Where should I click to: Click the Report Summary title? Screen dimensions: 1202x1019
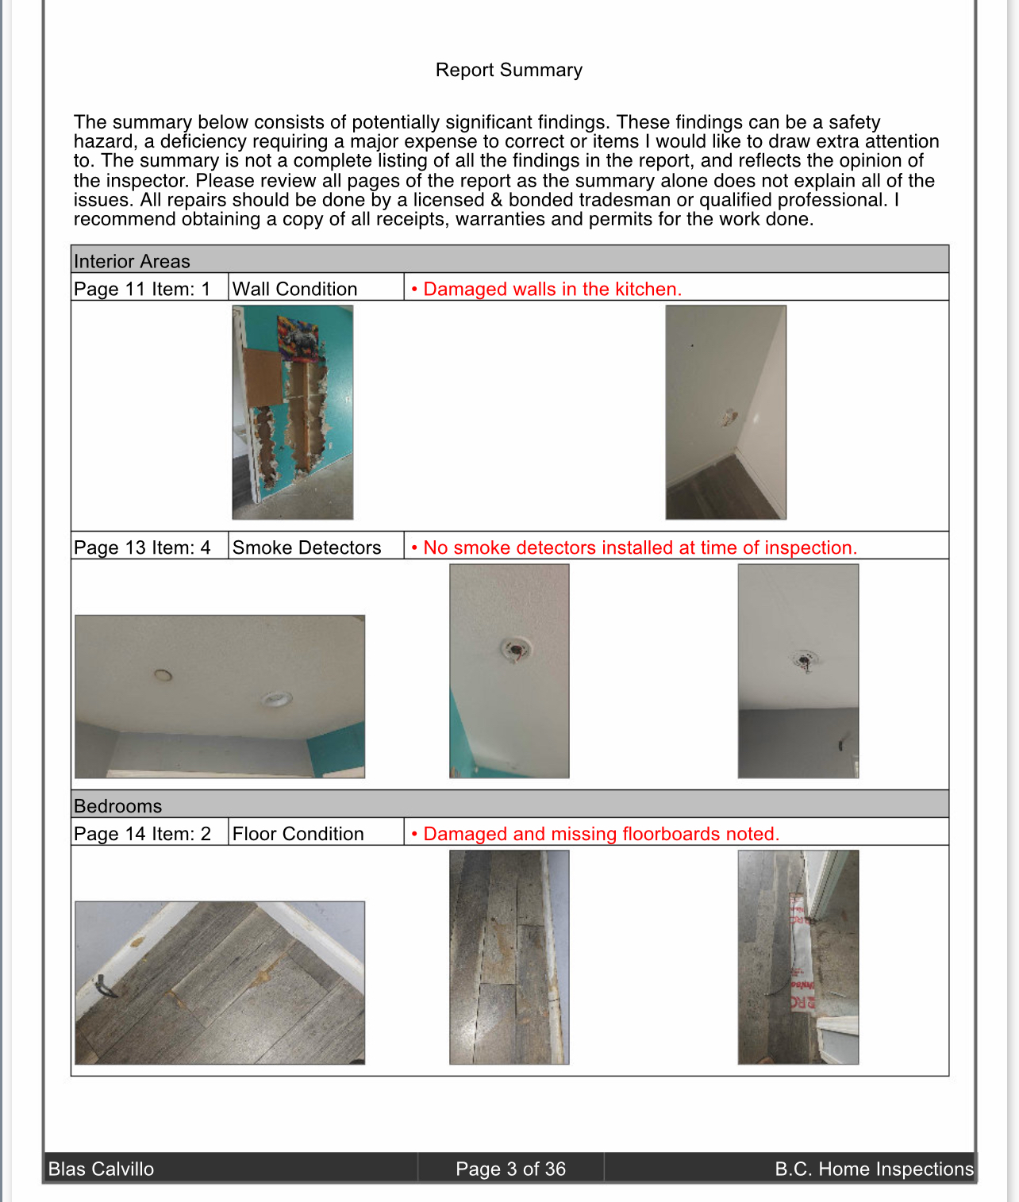(x=509, y=70)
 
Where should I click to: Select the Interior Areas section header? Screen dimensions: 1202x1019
(x=132, y=261)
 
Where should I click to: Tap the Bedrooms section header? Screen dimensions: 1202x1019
(x=117, y=805)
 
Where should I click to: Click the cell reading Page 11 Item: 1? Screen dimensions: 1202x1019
(x=142, y=289)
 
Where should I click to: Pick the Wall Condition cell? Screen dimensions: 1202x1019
(x=294, y=289)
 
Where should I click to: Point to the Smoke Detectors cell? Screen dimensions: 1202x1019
(x=306, y=547)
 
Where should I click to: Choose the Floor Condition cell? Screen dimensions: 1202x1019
(x=298, y=834)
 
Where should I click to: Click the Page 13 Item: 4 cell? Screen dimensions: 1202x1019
(x=142, y=547)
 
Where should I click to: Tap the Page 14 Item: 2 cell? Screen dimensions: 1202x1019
(x=142, y=834)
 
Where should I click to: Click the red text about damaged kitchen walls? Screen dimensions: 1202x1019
(x=552, y=289)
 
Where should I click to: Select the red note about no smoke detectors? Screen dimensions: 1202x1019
(x=640, y=547)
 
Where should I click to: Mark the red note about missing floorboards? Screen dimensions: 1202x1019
(x=601, y=834)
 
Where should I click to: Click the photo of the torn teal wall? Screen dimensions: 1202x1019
(x=292, y=413)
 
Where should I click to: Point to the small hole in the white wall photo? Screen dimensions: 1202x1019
(x=728, y=417)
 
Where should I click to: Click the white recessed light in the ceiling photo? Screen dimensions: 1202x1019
(x=276, y=699)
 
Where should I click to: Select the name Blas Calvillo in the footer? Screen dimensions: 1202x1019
(x=101, y=1169)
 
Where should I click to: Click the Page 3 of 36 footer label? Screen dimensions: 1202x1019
(x=510, y=1169)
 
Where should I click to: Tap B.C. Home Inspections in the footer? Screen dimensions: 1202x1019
(x=874, y=1169)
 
